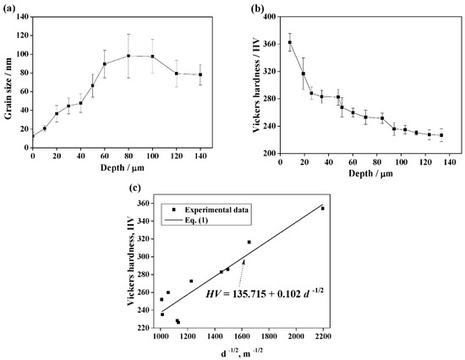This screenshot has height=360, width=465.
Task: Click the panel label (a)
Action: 8,8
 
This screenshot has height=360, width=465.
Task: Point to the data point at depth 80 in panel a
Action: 129,56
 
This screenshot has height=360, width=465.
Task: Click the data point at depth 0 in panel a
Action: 33,135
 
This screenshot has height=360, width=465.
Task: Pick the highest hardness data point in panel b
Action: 290,42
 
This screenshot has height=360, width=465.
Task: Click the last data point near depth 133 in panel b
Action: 440,135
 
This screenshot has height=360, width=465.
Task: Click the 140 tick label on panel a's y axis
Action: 20,15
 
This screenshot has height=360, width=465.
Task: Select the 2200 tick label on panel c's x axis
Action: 323,336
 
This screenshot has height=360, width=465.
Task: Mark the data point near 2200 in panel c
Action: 322,208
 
